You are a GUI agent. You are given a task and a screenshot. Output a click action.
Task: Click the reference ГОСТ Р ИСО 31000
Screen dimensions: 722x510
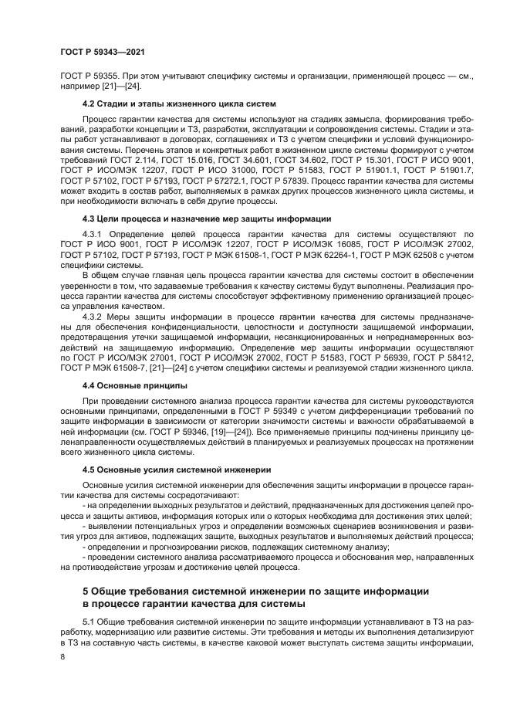pyautogui.click(x=208, y=168)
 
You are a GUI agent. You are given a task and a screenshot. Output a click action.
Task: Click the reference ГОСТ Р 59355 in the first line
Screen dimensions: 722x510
pyautogui.click(x=88, y=76)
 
